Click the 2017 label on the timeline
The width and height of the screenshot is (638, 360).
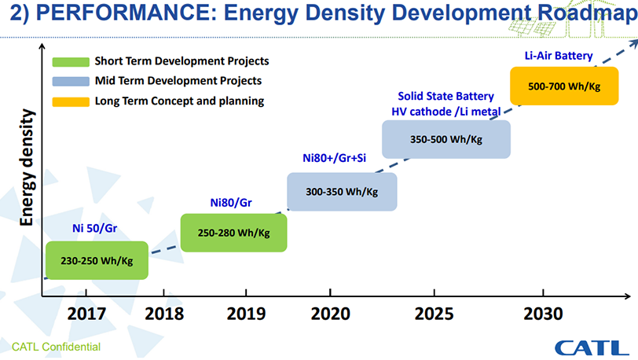tap(88, 314)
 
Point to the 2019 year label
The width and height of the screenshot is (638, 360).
tap(247, 314)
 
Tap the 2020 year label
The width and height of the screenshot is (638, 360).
tap(330, 314)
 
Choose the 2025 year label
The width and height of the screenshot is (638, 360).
tap(434, 314)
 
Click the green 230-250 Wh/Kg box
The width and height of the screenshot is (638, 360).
tap(97, 261)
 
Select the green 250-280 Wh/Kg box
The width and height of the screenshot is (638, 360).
tap(233, 233)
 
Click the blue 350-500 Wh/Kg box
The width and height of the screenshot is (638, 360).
tap(445, 139)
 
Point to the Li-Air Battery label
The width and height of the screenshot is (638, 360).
tap(558, 56)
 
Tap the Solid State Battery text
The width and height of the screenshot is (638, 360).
tap(445, 96)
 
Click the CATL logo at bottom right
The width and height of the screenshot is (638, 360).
tap(591, 347)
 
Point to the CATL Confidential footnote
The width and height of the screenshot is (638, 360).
tap(55, 347)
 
